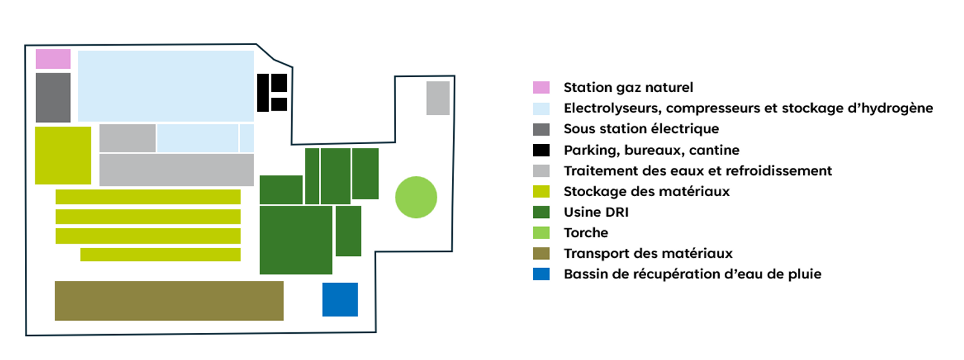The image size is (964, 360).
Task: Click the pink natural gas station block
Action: [53, 59]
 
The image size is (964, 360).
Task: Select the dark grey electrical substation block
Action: [53, 98]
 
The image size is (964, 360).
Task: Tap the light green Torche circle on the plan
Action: [416, 197]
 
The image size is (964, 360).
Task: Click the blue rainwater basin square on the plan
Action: [340, 300]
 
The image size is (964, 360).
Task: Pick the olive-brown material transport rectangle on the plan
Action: [169, 301]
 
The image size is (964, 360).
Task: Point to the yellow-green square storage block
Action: [63, 156]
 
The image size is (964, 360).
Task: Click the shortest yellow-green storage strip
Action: [161, 255]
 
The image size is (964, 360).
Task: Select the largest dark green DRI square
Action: [296, 240]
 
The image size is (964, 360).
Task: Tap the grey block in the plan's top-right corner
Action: [438, 98]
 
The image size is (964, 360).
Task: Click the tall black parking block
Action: [263, 93]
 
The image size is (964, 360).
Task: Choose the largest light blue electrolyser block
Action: [166, 86]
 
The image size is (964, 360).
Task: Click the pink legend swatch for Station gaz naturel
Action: [541, 87]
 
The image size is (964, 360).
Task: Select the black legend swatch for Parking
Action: [541, 150]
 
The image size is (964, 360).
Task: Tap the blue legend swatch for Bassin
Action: [541, 274]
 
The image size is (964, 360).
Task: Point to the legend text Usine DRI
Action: [596, 212]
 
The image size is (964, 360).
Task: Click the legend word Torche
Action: [586, 233]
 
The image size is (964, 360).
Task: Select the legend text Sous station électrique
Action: [641, 129]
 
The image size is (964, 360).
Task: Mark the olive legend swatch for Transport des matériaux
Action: [541, 253]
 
